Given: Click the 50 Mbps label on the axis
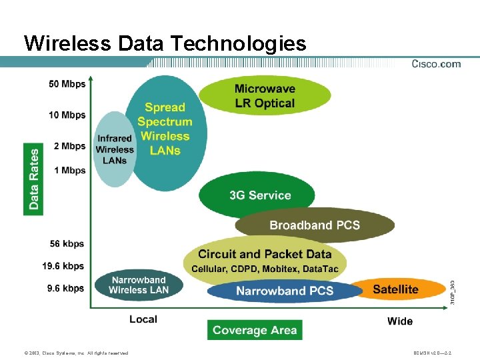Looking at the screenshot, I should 67,85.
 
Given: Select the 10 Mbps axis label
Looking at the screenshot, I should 67,115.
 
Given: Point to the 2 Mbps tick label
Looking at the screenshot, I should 70,146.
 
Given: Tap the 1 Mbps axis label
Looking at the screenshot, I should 70,171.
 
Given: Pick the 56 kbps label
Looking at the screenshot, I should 68,244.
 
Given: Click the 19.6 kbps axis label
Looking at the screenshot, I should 63,266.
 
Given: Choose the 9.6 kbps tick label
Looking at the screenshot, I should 66,288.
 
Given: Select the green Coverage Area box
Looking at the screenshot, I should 255,330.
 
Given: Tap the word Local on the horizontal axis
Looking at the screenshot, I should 143,319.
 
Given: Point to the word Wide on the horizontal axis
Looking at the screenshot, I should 400,321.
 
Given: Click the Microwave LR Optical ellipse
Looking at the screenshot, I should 265,96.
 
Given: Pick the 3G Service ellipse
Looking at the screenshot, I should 260,195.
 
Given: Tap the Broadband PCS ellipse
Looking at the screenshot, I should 315,225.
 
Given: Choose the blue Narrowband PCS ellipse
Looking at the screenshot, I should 285,291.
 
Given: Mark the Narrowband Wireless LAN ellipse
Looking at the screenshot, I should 139,285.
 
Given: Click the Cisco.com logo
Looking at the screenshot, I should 436,64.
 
